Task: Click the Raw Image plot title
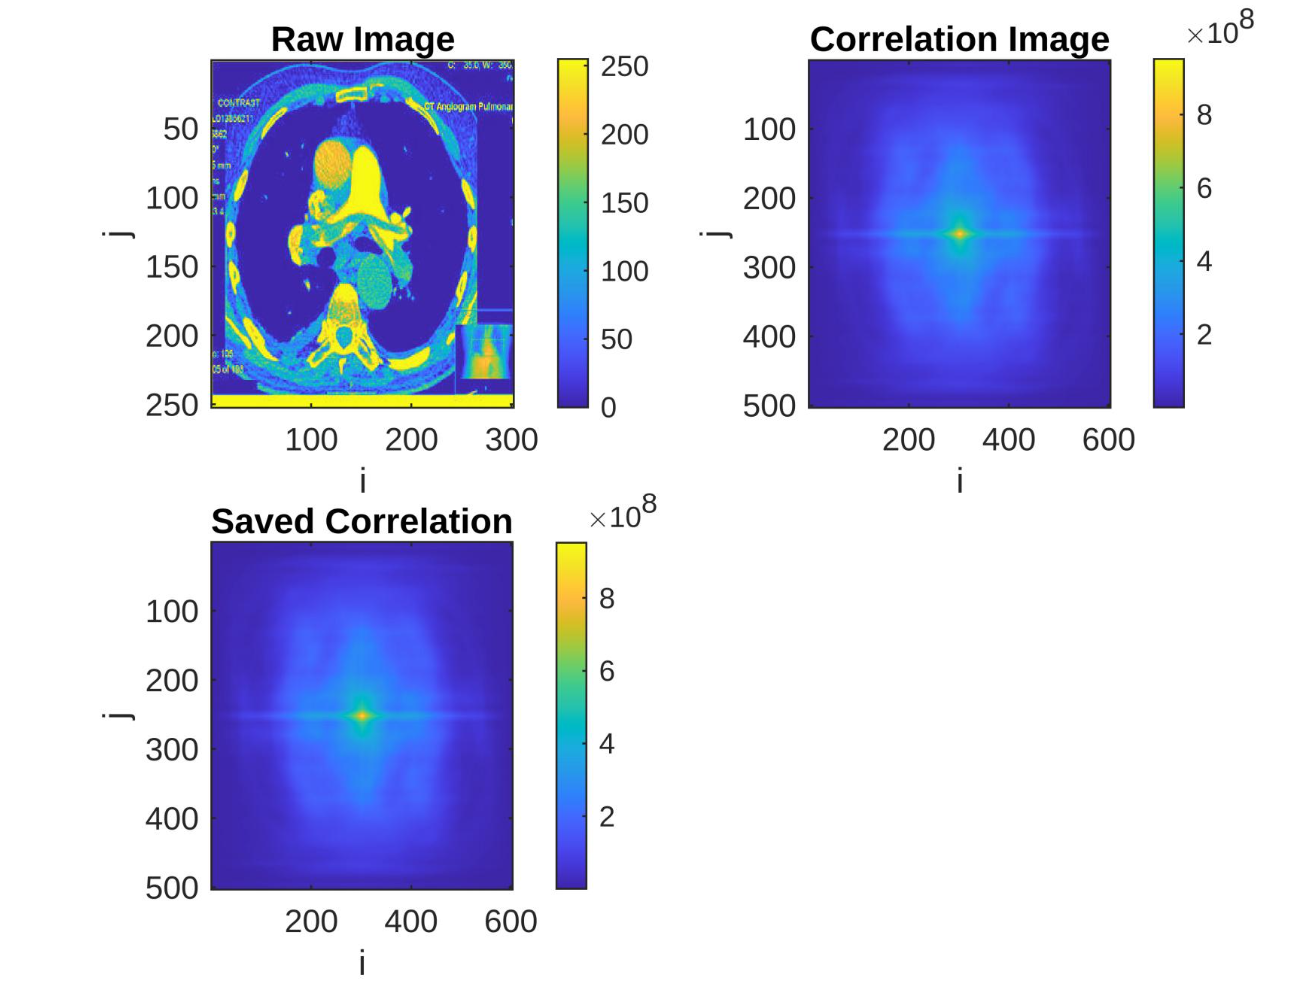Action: (x=362, y=40)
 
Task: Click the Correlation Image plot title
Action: (x=959, y=40)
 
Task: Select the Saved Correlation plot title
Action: (x=361, y=522)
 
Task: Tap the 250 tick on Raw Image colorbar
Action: (x=624, y=67)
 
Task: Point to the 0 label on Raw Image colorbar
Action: (x=608, y=407)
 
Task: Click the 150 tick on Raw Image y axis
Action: (x=172, y=267)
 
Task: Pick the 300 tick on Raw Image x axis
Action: (x=511, y=440)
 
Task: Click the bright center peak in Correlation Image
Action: (x=960, y=234)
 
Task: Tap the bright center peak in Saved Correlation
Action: (x=362, y=716)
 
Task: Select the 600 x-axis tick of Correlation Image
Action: (x=1108, y=440)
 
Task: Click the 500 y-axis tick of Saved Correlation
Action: (x=172, y=888)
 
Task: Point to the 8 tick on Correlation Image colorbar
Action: (x=1204, y=115)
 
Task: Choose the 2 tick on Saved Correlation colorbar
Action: (x=606, y=817)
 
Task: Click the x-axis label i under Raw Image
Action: (x=362, y=481)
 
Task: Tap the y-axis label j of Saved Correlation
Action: (x=119, y=715)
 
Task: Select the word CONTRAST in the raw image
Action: (x=238, y=103)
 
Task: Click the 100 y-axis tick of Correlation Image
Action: (x=769, y=129)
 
